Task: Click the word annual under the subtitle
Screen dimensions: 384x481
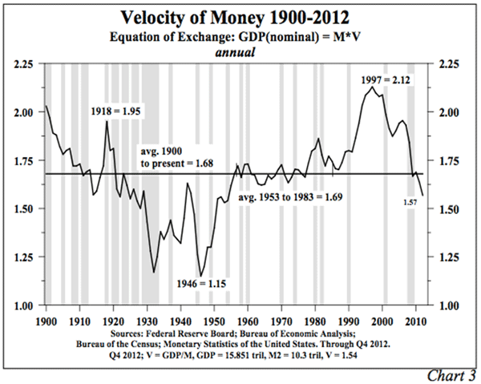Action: point(240,52)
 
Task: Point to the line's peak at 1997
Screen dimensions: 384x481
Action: point(371,88)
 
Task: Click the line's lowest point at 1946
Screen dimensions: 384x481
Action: point(200,275)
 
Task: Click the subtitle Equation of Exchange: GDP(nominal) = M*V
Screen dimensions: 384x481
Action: point(240,37)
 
